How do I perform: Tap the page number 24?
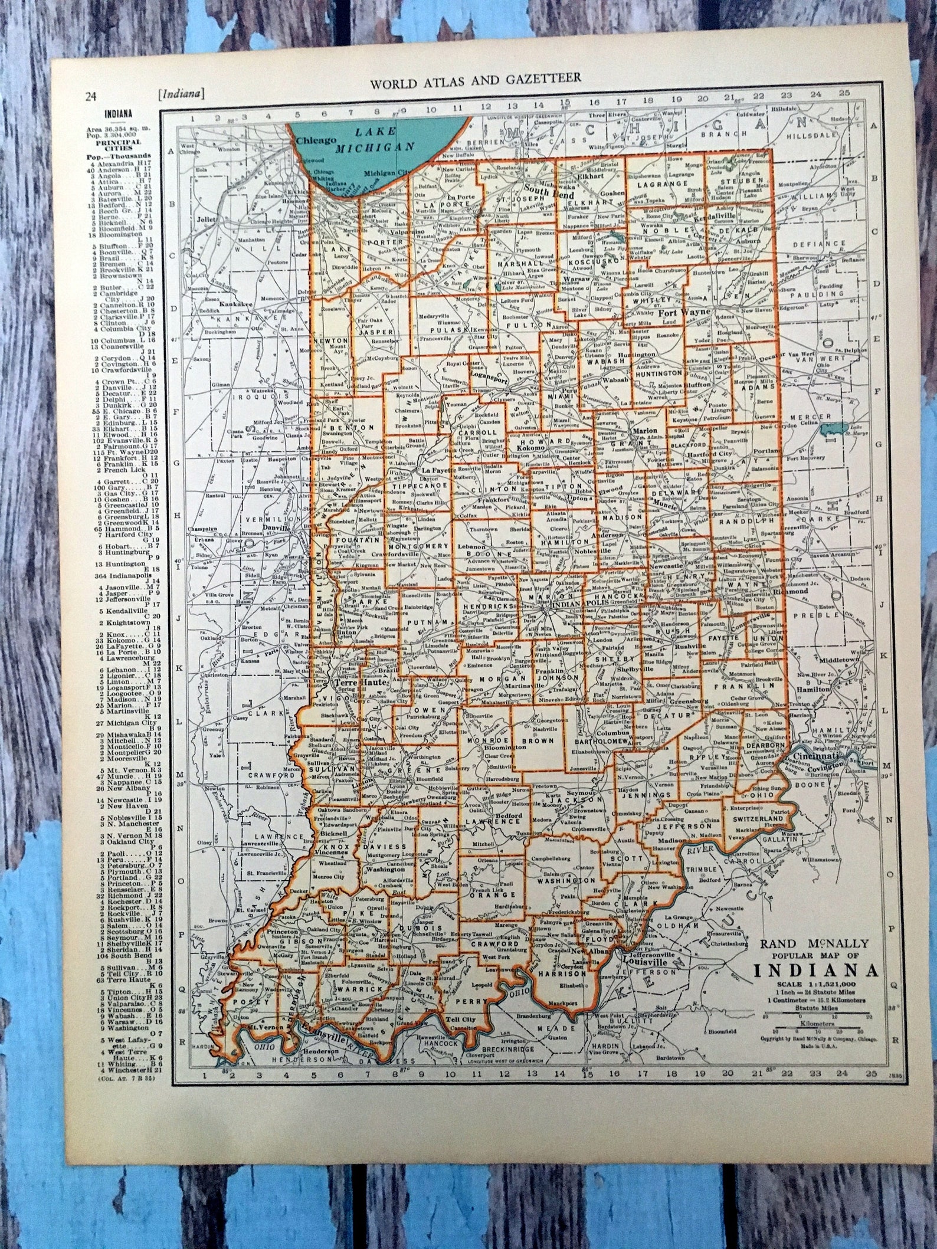tap(90, 97)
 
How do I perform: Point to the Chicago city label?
tap(315, 140)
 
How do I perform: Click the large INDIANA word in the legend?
tap(816, 971)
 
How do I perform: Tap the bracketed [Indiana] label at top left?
tap(181, 94)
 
